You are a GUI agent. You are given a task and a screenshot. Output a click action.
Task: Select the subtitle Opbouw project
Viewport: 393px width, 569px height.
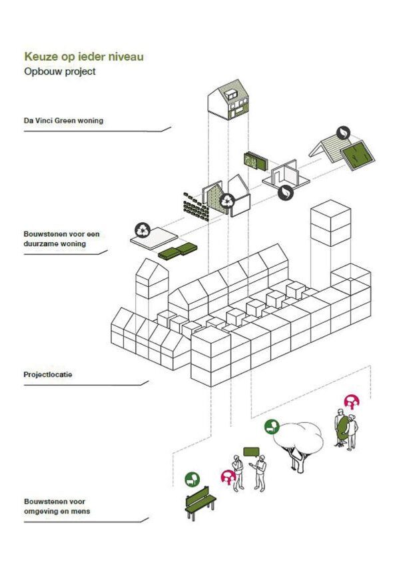(60, 71)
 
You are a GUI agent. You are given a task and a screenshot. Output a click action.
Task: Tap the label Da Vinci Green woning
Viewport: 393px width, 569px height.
(63, 121)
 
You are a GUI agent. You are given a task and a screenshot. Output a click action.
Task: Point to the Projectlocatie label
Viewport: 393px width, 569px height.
(48, 374)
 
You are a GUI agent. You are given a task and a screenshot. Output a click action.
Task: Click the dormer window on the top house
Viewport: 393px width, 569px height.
(230, 94)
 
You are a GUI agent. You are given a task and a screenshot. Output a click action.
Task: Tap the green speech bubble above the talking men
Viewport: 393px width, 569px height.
(251, 452)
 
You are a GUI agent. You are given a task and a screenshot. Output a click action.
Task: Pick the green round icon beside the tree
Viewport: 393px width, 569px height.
(272, 427)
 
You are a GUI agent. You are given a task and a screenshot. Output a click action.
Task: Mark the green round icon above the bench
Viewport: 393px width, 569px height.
(192, 480)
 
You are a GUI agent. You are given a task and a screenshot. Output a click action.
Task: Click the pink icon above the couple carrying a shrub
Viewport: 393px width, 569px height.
(352, 402)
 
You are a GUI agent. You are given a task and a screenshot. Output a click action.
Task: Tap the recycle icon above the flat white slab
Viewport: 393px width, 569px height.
(143, 230)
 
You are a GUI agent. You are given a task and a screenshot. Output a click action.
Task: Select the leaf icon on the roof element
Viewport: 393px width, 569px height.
(343, 133)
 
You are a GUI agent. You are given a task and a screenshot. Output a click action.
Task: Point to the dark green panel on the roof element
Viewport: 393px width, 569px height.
(358, 156)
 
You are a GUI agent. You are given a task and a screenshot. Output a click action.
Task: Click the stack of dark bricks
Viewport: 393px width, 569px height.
(196, 207)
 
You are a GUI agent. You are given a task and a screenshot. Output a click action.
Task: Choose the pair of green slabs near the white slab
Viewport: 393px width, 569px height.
(178, 251)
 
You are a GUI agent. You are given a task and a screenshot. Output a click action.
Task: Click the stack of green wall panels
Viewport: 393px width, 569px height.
(255, 161)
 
